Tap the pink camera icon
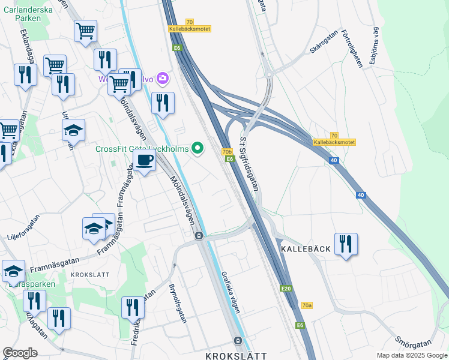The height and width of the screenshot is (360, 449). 162,79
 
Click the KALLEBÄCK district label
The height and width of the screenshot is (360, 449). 306,248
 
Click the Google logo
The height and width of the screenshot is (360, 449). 20,353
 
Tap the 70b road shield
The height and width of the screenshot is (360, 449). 227,152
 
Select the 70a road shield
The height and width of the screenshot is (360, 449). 307,305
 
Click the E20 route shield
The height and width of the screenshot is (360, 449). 286,289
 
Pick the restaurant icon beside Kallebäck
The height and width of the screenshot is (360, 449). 346,244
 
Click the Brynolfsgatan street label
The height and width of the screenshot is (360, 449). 178,302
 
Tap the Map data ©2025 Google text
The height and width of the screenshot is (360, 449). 412,355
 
